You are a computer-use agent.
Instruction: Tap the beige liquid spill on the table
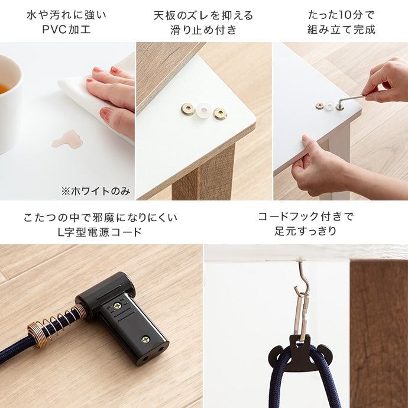click(67, 139)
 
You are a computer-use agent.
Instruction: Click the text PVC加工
click(66, 29)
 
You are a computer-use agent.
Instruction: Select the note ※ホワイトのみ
click(95, 192)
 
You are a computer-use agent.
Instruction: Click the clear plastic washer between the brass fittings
click(204, 111)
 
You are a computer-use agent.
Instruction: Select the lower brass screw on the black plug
click(145, 339)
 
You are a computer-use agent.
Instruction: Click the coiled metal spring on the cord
click(58, 323)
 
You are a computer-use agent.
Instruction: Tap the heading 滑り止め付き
click(203, 30)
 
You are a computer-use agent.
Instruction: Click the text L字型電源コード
click(100, 232)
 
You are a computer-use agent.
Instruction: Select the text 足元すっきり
click(305, 231)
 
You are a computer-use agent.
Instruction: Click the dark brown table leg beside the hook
click(379, 333)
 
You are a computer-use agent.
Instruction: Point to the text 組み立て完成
click(341, 29)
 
